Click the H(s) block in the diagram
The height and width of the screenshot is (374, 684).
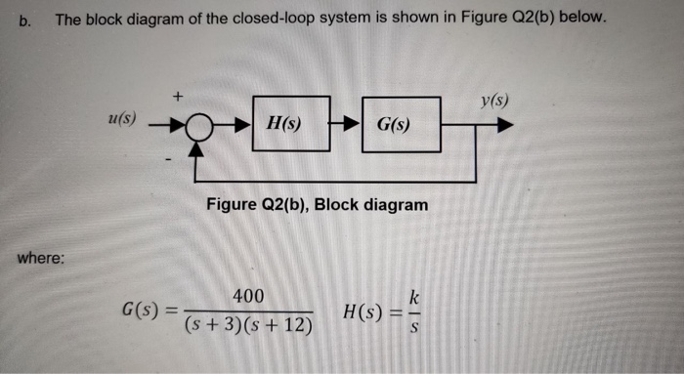290,124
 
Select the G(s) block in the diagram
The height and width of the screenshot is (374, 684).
401,125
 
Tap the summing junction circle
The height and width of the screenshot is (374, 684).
198,126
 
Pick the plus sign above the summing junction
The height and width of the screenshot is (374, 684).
177,97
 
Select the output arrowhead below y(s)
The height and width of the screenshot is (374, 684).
504,126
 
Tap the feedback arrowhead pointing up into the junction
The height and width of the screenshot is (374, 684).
198,147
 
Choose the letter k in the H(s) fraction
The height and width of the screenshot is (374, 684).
415,296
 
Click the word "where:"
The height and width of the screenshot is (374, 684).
41,259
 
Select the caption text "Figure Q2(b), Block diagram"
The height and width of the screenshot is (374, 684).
318,205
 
